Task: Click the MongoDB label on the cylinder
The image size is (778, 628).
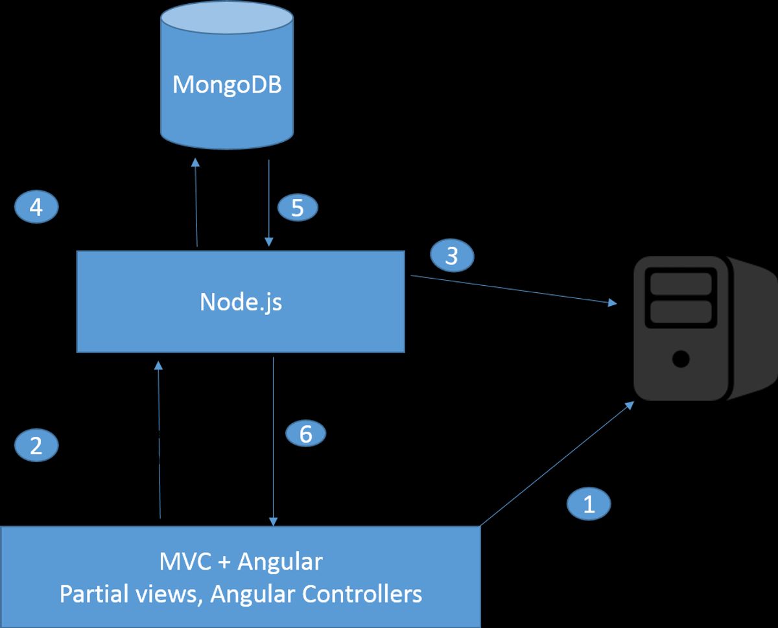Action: [x=227, y=85]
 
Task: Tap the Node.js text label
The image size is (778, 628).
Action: [x=241, y=302]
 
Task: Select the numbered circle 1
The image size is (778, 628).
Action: [x=589, y=504]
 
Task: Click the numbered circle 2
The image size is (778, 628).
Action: [x=36, y=445]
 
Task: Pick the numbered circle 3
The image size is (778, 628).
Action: [x=452, y=255]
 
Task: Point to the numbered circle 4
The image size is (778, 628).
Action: [x=36, y=207]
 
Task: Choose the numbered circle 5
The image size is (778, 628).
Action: [x=298, y=207]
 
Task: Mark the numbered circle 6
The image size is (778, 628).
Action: [x=305, y=434]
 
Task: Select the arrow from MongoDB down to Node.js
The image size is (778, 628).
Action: [x=268, y=201]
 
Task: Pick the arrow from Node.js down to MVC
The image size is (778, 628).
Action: [x=274, y=441]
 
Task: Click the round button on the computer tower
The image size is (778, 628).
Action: [x=680, y=358]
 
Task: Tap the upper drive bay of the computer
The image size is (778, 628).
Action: [x=680, y=284]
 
